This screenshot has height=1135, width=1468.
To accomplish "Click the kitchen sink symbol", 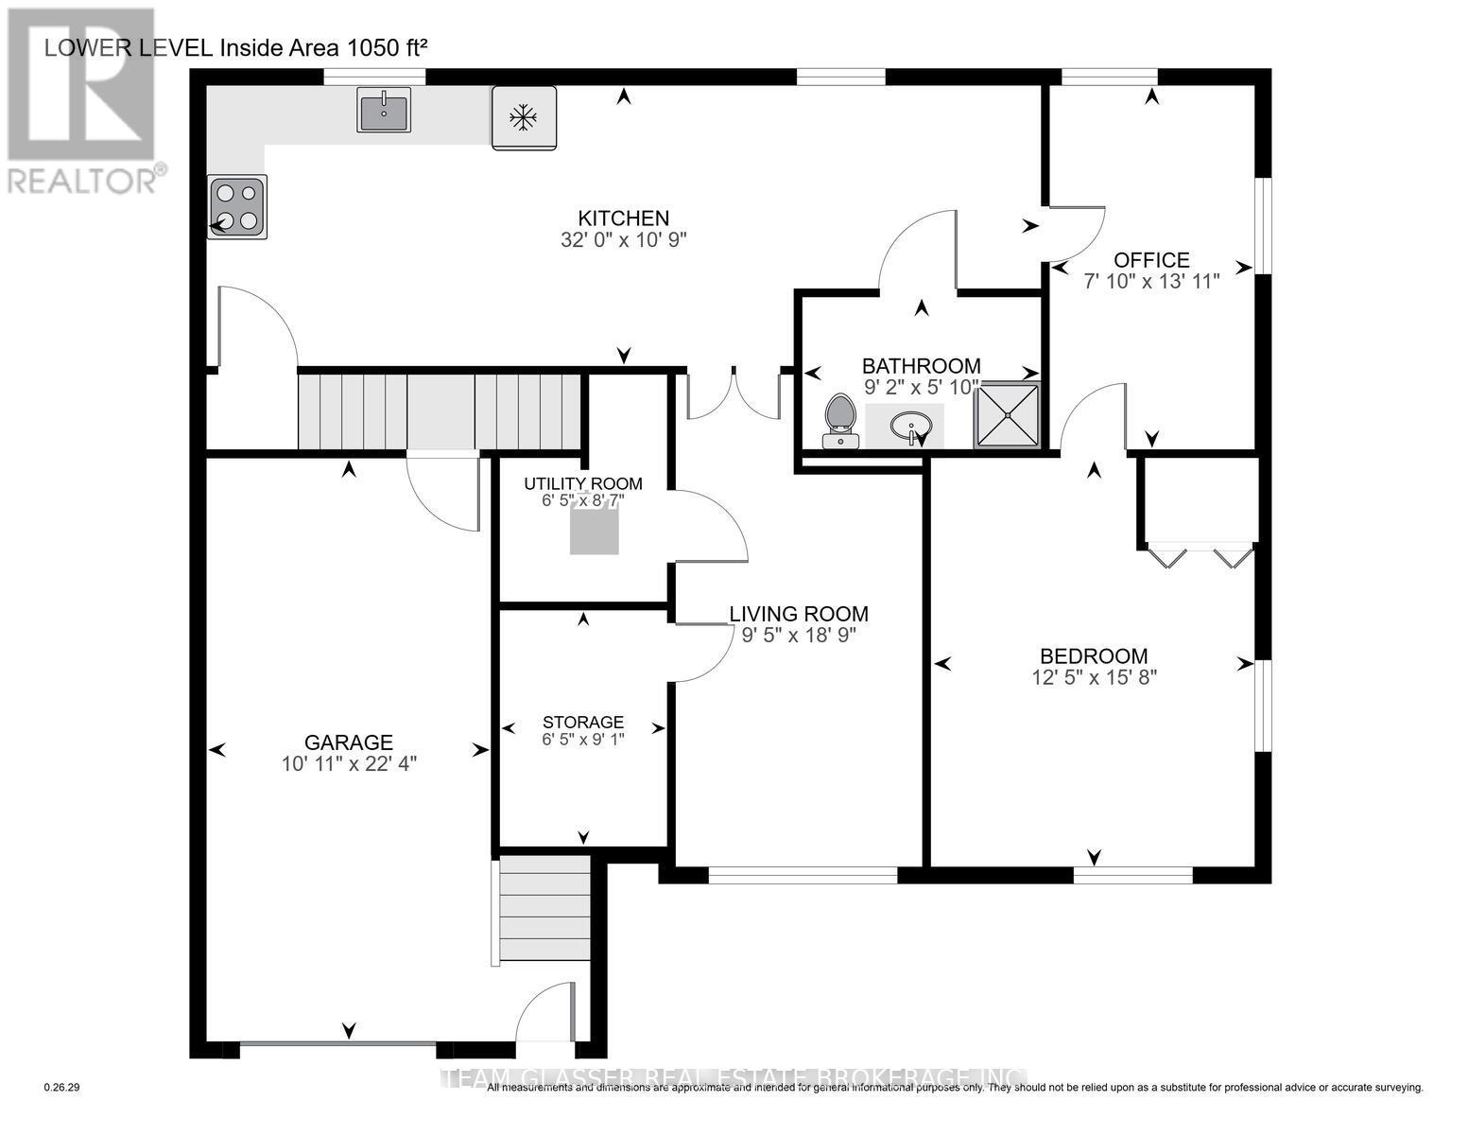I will pyautogui.click(x=384, y=110).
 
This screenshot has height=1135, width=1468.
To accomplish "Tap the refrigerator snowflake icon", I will pyautogui.click(x=523, y=117).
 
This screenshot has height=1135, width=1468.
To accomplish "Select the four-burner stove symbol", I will pyautogui.click(x=237, y=207).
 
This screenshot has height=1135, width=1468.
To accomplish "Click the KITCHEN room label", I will pyautogui.click(x=624, y=218).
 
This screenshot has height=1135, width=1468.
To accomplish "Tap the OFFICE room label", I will pyautogui.click(x=1150, y=260).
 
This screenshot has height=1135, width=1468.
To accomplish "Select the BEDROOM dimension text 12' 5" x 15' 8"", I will pyautogui.click(x=1095, y=677).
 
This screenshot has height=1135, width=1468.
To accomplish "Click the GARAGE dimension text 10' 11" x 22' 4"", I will pyautogui.click(x=349, y=764).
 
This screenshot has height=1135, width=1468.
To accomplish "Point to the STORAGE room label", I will pyautogui.click(x=583, y=722).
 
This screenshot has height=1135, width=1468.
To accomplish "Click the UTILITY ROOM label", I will pyautogui.click(x=583, y=484).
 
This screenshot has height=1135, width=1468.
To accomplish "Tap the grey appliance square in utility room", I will pyautogui.click(x=594, y=529).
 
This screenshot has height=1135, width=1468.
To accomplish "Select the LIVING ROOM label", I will pyautogui.click(x=799, y=614).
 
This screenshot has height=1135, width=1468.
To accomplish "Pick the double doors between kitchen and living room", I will pyautogui.click(x=733, y=395).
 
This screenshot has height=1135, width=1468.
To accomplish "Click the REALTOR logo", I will pyautogui.click(x=82, y=99).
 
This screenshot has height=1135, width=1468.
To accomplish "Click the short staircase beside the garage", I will pyautogui.click(x=544, y=909).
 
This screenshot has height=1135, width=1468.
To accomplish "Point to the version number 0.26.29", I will pyautogui.click(x=63, y=1088).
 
